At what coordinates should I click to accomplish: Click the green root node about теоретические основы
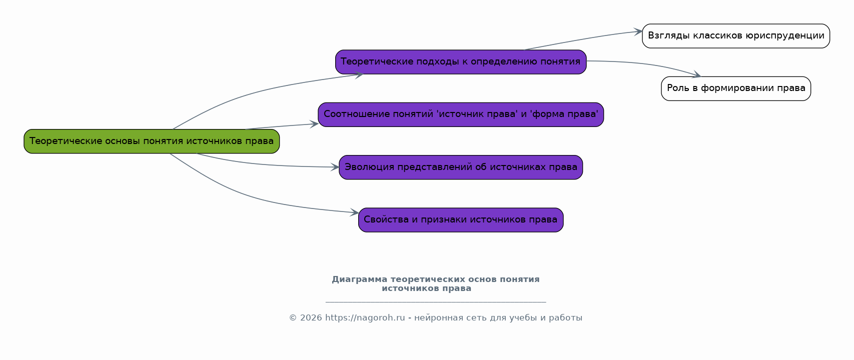152,141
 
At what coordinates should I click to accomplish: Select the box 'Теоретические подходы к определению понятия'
460,61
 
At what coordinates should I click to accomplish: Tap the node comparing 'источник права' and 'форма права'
460,114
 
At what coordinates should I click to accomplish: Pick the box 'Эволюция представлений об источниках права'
460,167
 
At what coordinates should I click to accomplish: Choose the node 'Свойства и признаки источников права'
460,219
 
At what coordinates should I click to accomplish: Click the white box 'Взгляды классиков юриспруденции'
735,35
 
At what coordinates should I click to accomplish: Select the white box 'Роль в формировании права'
735,88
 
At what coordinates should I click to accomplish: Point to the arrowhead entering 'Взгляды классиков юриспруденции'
639,31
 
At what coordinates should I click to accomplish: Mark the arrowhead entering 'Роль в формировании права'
697,75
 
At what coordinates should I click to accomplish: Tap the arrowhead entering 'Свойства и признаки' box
355,212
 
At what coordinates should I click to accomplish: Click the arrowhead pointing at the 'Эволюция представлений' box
336,167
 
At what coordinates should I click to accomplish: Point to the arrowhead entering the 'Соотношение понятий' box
315,124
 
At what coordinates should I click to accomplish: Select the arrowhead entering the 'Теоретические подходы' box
359,75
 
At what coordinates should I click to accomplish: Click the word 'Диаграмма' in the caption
359,279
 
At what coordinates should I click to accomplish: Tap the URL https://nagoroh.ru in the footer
365,318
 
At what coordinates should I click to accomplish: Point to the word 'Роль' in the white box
678,88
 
